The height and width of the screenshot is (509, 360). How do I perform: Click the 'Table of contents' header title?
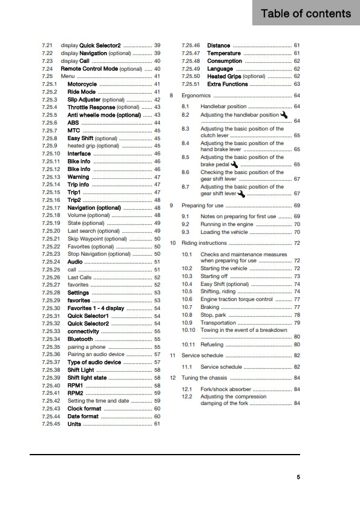(306, 13)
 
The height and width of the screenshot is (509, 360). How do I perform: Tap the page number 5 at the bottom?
(298, 477)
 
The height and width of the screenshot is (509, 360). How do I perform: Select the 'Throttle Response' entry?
(91, 107)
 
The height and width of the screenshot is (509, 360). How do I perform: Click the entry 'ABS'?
(73, 123)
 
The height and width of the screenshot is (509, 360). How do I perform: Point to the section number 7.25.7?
(50, 131)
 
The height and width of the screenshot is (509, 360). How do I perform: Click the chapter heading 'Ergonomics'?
(196, 96)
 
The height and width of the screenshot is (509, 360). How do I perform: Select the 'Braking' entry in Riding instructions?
(210, 307)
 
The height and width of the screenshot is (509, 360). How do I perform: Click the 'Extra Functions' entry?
(227, 84)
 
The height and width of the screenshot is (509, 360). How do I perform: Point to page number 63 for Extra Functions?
(296, 84)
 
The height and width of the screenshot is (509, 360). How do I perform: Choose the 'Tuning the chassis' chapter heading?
(205, 378)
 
